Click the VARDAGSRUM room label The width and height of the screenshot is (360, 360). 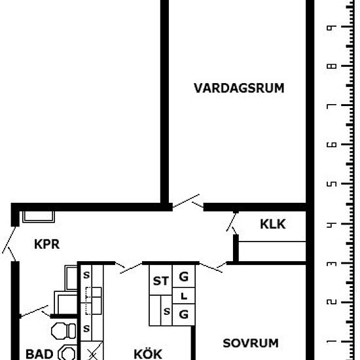pyautogui.click(x=239, y=88)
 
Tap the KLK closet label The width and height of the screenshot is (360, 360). pyautogui.click(x=273, y=224)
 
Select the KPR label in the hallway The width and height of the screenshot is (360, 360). pyautogui.click(x=47, y=244)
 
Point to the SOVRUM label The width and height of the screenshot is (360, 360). pyautogui.click(x=251, y=343)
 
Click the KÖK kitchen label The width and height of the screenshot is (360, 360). pyautogui.click(x=148, y=354)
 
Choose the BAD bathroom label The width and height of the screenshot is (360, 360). pyautogui.click(x=39, y=354)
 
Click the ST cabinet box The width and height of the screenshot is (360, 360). pyautogui.click(x=160, y=280)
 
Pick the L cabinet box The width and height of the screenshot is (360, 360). pyautogui.click(x=184, y=296)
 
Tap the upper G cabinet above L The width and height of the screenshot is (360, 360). pyautogui.click(x=184, y=276)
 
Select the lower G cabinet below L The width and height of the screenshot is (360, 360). pyautogui.click(x=184, y=315)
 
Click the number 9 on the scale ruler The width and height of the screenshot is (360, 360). pyautogui.click(x=332, y=27)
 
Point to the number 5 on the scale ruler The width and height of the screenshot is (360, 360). pyautogui.click(x=332, y=184)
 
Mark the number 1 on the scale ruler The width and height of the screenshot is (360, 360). pyautogui.click(x=332, y=342)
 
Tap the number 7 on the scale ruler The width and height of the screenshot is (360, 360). pyautogui.click(x=332, y=105)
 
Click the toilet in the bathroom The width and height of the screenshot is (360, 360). pyautogui.click(x=63, y=331)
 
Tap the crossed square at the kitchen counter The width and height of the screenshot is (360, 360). pyautogui.click(x=92, y=351)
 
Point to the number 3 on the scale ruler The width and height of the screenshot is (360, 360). pyautogui.click(x=332, y=263)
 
